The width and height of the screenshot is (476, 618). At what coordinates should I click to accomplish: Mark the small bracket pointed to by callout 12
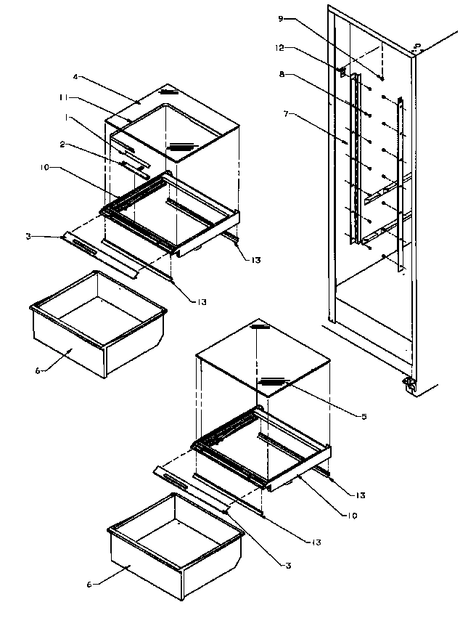pyautogui.click(x=340, y=71)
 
